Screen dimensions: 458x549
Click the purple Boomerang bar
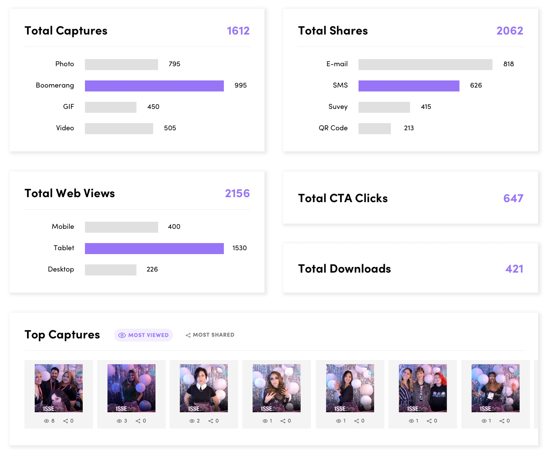point(154,86)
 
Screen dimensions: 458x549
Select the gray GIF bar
point(111,107)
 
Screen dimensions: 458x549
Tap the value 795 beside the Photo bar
point(174,64)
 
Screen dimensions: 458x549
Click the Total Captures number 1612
point(238,31)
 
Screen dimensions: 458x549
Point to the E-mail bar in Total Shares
point(425,64)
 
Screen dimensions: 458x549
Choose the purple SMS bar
point(409,86)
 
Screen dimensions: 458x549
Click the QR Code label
point(333,128)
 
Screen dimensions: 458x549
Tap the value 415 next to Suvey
point(426,107)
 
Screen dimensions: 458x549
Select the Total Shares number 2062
point(510,31)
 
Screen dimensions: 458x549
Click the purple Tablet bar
point(154,248)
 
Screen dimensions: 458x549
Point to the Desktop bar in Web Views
point(111,270)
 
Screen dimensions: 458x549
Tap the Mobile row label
point(63,227)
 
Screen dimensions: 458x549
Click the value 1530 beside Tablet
point(239,248)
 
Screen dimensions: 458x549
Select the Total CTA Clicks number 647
point(513,198)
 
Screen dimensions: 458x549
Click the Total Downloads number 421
point(514,269)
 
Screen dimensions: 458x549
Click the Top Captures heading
point(62,335)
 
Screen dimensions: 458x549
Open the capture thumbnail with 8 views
point(59,388)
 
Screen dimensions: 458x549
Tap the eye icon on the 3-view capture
point(119,421)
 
